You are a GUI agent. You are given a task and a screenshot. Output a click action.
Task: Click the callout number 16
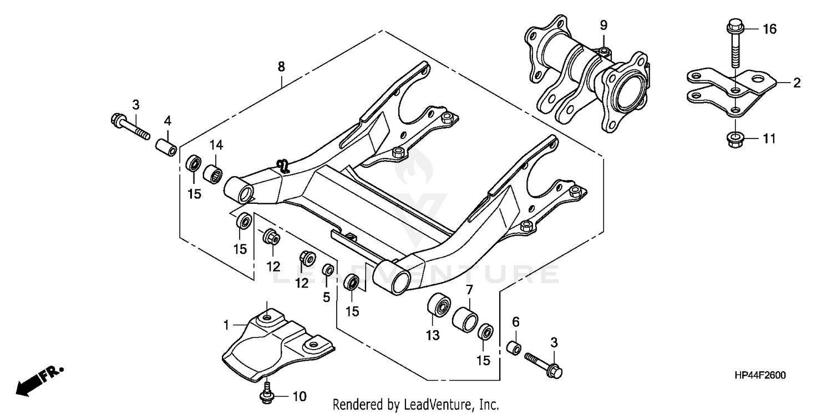(x=769, y=29)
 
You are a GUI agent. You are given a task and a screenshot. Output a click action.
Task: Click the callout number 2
(x=797, y=83)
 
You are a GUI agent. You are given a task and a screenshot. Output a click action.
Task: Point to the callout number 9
(x=603, y=25)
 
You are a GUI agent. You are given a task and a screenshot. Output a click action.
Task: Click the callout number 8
(x=281, y=66)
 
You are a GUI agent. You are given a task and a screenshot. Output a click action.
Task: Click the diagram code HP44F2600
(x=759, y=376)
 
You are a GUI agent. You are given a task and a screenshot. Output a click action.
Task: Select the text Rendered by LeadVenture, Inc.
(x=417, y=404)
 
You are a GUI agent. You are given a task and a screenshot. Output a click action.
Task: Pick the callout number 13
(x=432, y=335)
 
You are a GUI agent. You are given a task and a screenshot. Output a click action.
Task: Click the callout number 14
(x=216, y=145)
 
